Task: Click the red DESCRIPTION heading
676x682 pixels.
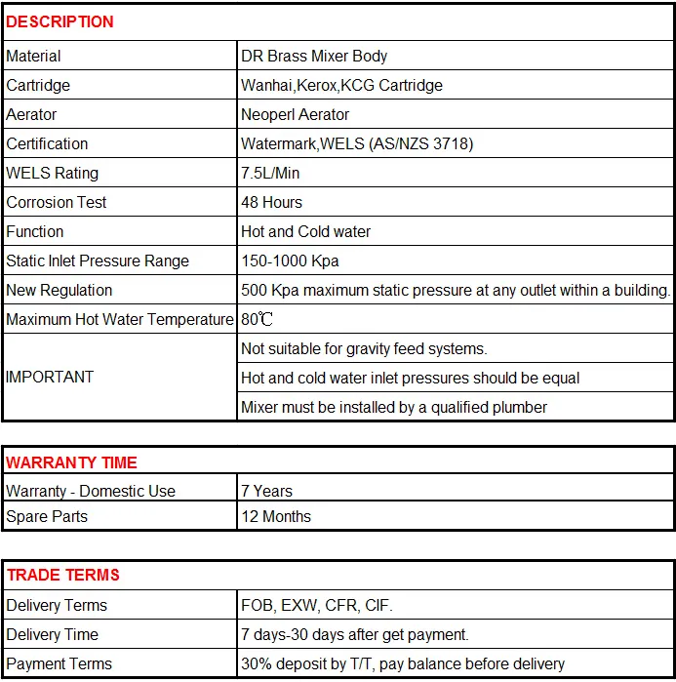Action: (x=60, y=21)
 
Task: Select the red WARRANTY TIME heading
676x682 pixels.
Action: (x=71, y=462)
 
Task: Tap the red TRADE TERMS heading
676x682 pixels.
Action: (x=62, y=576)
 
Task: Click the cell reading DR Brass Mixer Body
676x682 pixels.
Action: (x=314, y=57)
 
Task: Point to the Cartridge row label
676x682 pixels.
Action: (x=38, y=86)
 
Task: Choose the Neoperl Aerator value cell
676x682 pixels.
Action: (x=295, y=115)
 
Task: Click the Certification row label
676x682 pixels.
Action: (x=47, y=144)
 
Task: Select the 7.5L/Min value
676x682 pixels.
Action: (x=270, y=174)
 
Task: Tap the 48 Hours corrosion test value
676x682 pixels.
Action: (x=271, y=203)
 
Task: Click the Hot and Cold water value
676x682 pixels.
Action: (x=305, y=232)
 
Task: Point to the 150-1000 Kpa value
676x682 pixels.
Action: (x=290, y=261)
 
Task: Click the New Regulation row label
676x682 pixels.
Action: (x=59, y=291)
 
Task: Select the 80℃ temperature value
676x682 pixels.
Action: (x=257, y=320)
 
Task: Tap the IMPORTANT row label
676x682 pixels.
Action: (x=50, y=378)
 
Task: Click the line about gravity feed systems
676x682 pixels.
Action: (x=364, y=348)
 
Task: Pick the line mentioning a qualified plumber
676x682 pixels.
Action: (x=394, y=407)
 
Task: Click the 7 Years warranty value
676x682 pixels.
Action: (x=266, y=492)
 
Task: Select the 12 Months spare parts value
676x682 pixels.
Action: (x=276, y=517)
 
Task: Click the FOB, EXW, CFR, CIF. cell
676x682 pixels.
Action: (x=317, y=606)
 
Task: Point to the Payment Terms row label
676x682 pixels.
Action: (x=59, y=664)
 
